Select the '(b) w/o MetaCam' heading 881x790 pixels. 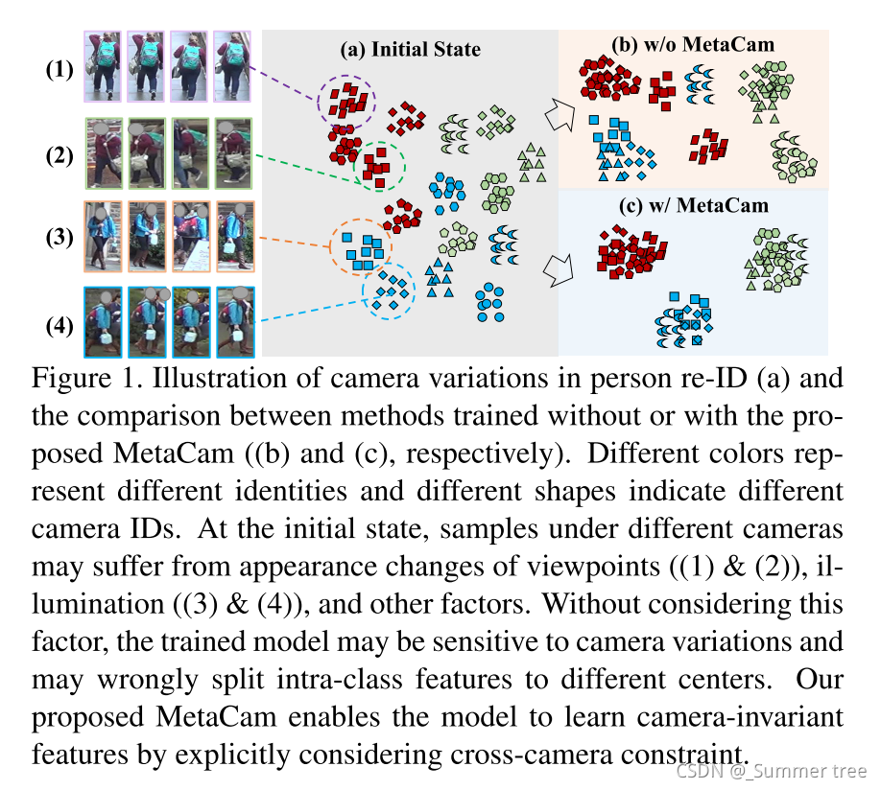click(x=692, y=43)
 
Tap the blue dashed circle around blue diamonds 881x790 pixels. click(x=388, y=289)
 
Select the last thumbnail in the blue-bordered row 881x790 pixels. click(x=235, y=323)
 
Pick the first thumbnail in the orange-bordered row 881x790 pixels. click(x=103, y=237)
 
